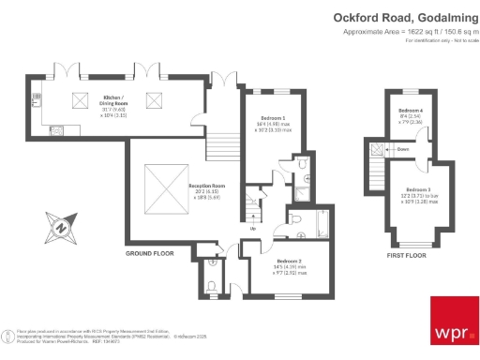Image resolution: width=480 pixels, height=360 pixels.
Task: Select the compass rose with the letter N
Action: (x=58, y=226)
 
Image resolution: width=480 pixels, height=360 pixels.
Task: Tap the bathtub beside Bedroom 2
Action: (x=322, y=222)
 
